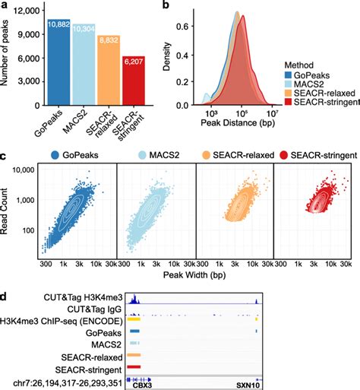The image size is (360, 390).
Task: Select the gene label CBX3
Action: [143, 384]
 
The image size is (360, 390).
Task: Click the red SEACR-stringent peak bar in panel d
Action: [135, 366]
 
